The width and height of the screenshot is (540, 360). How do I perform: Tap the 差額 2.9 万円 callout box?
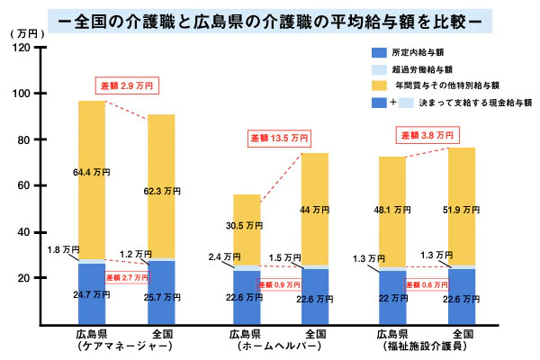coord(130,86)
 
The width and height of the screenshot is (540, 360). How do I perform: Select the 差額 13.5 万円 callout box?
coord(279,139)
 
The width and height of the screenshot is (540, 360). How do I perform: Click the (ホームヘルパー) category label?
coord(278,346)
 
